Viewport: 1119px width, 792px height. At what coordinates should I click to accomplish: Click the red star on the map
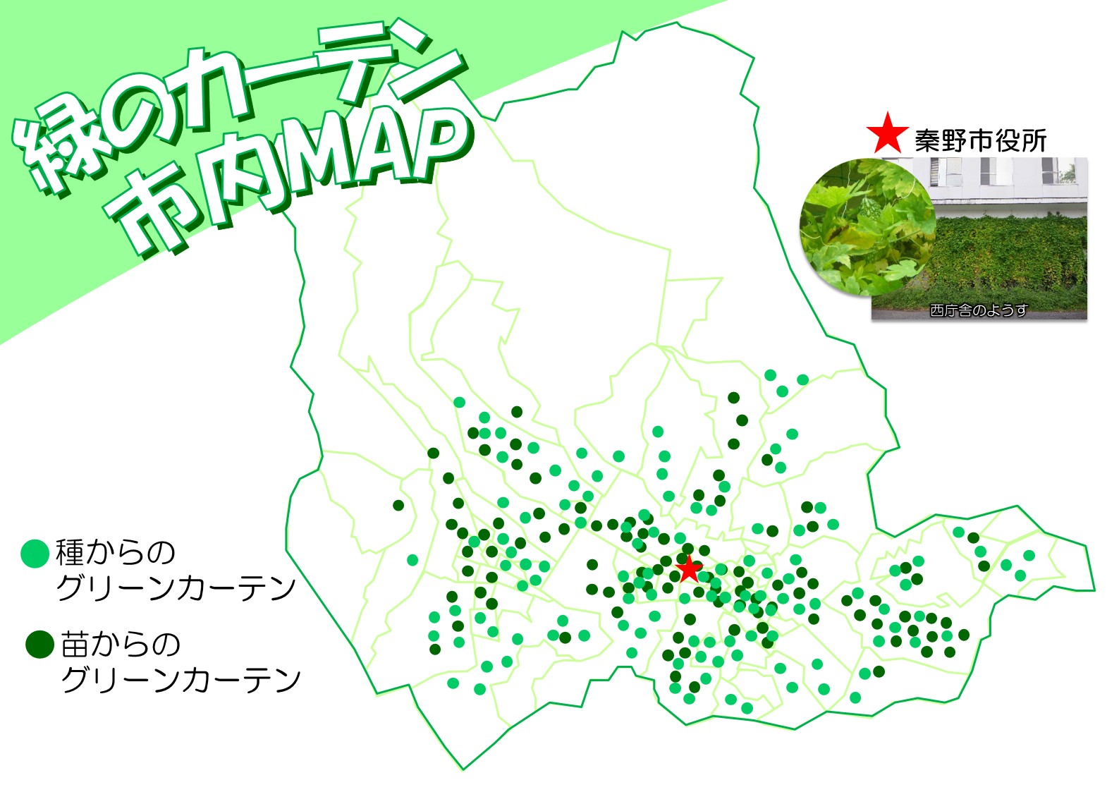689,568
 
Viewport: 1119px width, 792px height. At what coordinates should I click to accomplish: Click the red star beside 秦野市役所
888,134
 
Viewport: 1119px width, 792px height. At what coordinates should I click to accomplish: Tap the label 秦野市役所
980,141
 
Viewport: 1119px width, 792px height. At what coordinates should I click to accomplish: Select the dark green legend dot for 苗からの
39,644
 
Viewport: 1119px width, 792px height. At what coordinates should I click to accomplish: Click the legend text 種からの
116,553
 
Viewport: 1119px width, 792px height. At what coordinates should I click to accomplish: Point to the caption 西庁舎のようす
979,310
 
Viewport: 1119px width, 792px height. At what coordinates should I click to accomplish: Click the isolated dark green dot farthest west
398,505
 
